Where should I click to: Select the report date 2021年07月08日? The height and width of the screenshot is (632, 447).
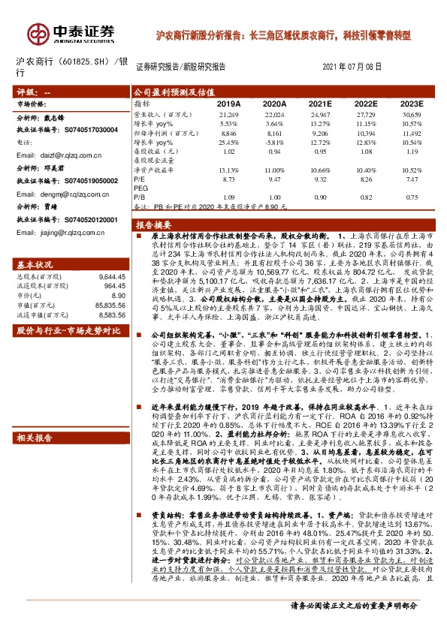(x=351, y=66)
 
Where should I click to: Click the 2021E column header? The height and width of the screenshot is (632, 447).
(x=320, y=103)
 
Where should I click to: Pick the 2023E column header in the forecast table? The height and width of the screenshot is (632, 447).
(x=410, y=103)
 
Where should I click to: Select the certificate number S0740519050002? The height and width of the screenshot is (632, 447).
(x=89, y=181)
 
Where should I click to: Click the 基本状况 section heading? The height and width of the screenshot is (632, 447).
(x=35, y=266)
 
